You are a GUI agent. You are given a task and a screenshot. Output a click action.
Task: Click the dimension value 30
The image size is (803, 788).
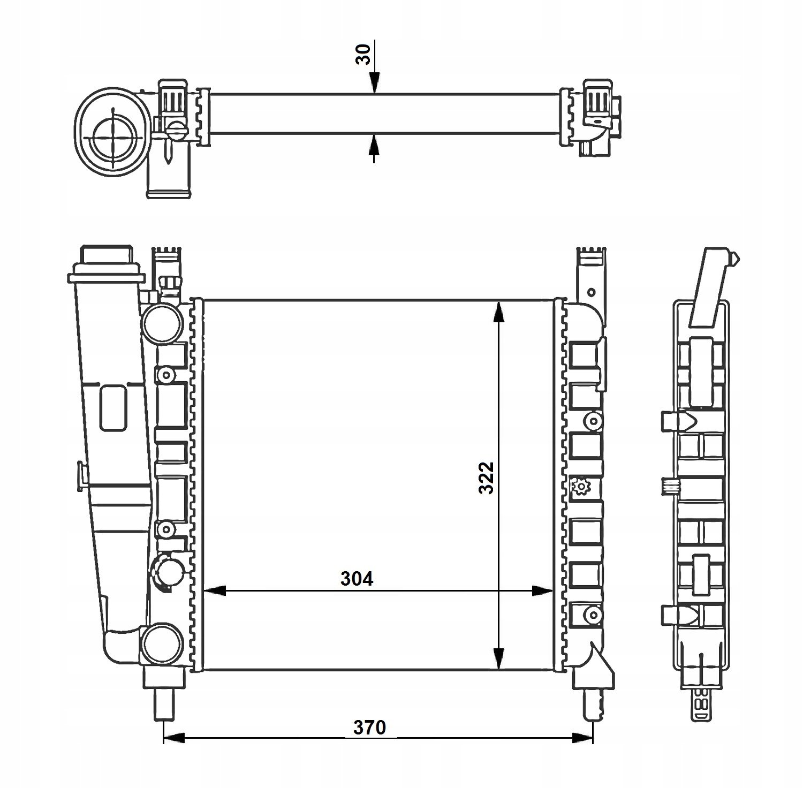[x=363, y=55]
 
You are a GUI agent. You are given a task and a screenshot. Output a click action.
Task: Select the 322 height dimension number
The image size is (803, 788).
[x=486, y=477]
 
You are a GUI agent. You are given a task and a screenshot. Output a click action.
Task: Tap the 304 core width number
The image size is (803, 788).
[x=357, y=579]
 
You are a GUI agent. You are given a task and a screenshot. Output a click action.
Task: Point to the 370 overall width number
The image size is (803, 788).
[x=369, y=728]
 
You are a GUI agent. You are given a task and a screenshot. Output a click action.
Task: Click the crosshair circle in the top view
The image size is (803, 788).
[x=113, y=136]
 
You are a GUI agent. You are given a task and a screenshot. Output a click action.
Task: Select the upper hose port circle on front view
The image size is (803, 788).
[x=161, y=323]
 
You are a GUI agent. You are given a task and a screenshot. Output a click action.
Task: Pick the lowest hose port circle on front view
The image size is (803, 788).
[x=161, y=644]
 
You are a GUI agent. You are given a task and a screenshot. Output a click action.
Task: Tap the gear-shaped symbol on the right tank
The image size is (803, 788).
[x=580, y=487]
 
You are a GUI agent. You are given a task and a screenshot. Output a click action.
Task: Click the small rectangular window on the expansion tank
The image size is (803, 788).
[x=113, y=408]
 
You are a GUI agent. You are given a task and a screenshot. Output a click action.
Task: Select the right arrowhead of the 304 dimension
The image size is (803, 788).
[x=542, y=591]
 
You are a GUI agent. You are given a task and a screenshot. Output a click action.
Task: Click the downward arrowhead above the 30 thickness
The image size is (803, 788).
[x=374, y=83]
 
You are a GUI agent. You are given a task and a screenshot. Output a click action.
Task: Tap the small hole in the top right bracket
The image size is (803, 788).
[x=591, y=292]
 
